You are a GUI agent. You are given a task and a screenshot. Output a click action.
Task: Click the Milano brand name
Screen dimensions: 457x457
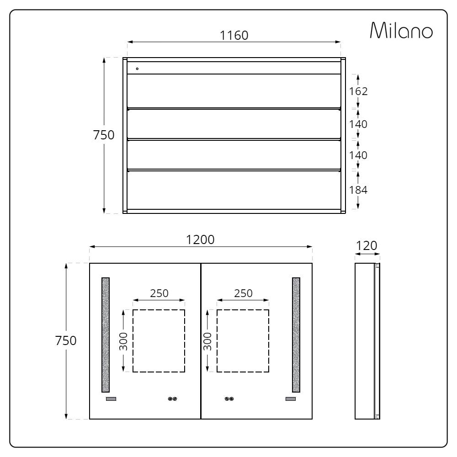tap(401, 30)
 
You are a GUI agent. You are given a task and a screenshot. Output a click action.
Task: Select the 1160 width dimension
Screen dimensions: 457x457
tap(234, 36)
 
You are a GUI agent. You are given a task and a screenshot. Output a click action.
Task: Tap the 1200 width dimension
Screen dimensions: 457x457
tap(200, 240)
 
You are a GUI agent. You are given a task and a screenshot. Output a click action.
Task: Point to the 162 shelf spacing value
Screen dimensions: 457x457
tap(358, 91)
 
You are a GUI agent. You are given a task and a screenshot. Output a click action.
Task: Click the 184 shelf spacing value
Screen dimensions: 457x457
tap(358, 190)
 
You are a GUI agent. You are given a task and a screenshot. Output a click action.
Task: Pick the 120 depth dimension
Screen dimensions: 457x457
tap(367, 246)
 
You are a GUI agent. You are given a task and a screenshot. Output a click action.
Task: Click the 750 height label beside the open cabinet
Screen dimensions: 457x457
tap(104, 135)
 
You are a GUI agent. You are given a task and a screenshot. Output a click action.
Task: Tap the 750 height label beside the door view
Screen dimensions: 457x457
tap(66, 340)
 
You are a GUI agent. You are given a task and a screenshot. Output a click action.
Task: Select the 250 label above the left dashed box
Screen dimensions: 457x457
tap(159, 293)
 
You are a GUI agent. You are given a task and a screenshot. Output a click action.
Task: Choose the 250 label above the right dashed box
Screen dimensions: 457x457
tap(243, 293)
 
